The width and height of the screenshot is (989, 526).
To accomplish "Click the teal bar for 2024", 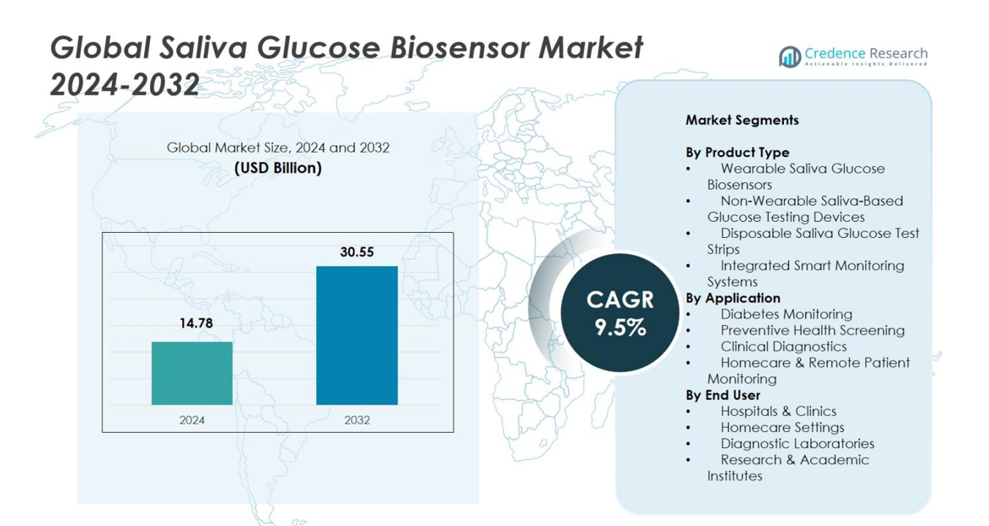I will click(192, 373).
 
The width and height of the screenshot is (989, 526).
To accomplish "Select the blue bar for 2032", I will click(357, 335).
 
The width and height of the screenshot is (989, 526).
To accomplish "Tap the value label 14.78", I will click(192, 323).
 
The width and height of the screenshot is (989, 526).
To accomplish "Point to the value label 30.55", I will click(357, 252).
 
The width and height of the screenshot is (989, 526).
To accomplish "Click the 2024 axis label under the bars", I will click(192, 419).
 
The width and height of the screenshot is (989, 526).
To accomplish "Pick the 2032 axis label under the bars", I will click(357, 419).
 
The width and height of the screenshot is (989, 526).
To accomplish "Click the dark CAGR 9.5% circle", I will click(620, 313).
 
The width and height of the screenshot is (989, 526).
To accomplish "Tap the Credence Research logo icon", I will click(790, 57).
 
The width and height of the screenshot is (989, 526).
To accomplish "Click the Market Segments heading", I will click(742, 120).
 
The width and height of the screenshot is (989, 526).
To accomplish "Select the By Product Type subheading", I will click(737, 152).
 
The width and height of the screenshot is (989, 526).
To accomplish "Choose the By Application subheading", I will click(733, 298).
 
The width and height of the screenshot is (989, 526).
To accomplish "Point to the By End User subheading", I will click(723, 395).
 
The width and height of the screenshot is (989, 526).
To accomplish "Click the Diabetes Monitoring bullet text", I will click(786, 314).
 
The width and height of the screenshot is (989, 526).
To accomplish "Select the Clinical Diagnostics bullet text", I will click(783, 346).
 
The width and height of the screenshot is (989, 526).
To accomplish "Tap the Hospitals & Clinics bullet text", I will click(778, 411).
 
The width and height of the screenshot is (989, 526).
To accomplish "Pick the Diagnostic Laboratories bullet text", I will click(797, 443).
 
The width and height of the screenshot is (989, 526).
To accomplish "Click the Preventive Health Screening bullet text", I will click(812, 330).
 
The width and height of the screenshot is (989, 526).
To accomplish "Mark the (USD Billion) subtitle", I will click(278, 168).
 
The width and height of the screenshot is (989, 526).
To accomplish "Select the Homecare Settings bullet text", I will click(782, 427).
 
